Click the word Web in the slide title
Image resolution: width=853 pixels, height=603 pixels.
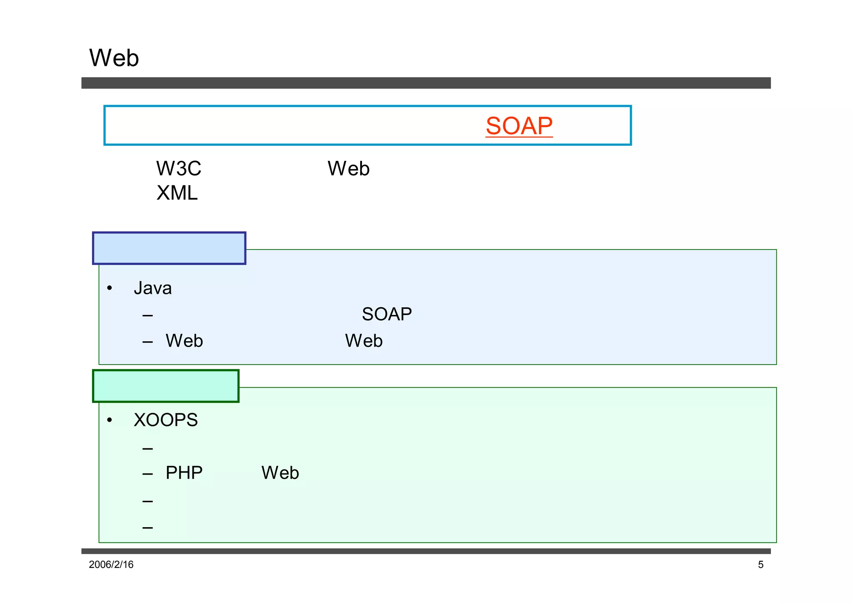point(114,58)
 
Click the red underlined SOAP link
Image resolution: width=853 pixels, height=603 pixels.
point(519,126)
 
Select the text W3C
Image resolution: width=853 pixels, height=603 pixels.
point(179,169)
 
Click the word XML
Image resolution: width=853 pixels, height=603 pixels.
point(177,193)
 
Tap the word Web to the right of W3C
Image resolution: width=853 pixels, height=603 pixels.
point(349,169)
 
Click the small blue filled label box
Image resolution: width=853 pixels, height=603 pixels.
point(169,248)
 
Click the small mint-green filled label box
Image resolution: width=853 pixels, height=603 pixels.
point(166,386)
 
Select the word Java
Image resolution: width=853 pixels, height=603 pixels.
point(152,288)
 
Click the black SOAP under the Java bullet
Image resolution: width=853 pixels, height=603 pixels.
point(387,314)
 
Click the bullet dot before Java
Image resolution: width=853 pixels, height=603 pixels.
point(110,288)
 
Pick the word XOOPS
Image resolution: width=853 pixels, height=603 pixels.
point(165,420)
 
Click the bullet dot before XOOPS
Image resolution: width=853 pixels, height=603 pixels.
point(110,420)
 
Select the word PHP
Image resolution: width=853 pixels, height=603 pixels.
point(184,473)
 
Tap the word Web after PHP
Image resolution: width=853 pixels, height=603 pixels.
point(280,473)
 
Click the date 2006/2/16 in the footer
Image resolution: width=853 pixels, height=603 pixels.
point(111,565)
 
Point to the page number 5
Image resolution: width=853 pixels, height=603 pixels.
point(761,565)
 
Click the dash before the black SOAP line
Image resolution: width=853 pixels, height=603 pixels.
point(147,315)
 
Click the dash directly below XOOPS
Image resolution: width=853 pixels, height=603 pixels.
point(147,449)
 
